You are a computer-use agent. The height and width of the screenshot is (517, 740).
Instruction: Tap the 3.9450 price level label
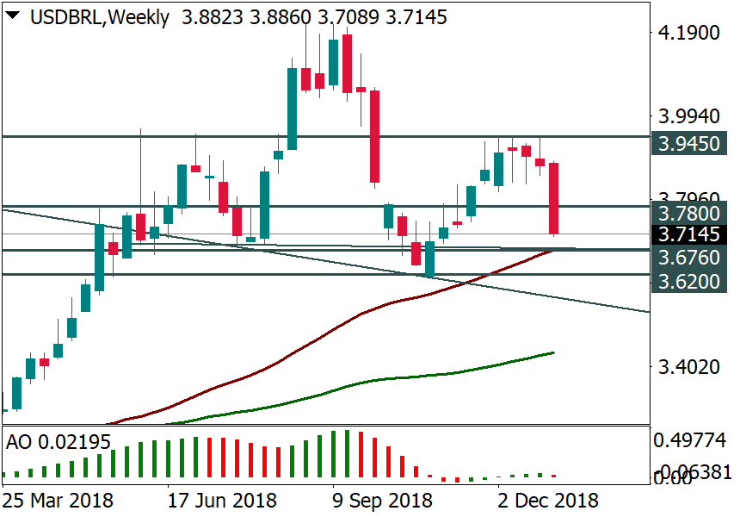(x=690, y=143)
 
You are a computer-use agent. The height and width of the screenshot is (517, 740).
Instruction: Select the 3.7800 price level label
(x=690, y=212)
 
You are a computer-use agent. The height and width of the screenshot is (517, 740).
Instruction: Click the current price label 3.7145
(x=690, y=234)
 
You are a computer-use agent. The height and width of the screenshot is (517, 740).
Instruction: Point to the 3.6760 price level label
(x=690, y=258)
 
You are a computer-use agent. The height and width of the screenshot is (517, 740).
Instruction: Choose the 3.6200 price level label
(x=690, y=282)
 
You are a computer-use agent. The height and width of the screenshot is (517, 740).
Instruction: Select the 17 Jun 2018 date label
(x=222, y=500)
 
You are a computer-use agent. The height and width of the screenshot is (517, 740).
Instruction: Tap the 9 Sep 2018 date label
(x=382, y=500)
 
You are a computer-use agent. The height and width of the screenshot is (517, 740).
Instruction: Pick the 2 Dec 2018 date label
(x=548, y=500)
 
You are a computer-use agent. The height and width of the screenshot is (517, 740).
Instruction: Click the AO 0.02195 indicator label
(x=59, y=442)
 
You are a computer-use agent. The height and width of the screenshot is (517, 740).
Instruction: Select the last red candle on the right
(x=554, y=198)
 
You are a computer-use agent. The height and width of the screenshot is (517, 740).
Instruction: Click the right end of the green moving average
(x=553, y=352)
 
